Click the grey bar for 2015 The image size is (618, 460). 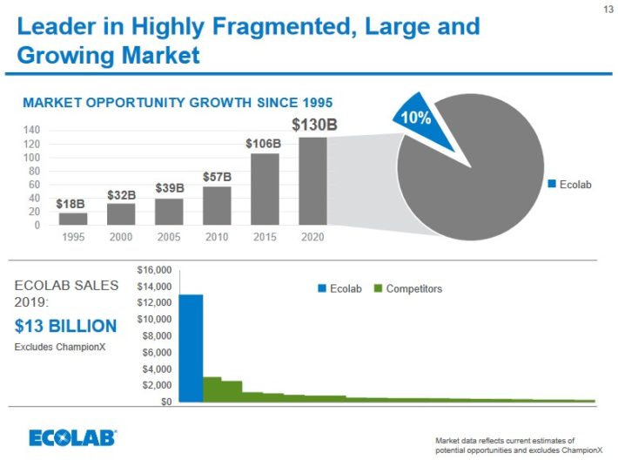point(265,189)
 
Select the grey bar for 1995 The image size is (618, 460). point(73,219)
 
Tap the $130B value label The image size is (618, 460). point(313,125)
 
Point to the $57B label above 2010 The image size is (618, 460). point(217,177)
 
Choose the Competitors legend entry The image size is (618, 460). point(408,288)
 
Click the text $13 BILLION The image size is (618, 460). point(65,326)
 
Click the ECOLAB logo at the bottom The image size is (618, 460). point(72,437)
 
